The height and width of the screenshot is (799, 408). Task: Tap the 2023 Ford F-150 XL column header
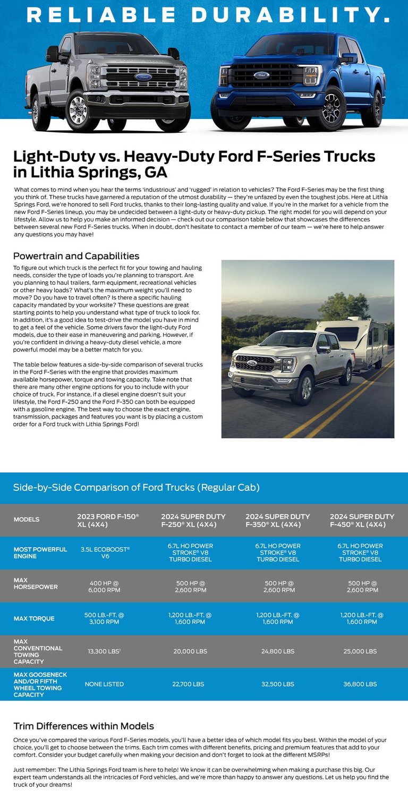click(108, 520)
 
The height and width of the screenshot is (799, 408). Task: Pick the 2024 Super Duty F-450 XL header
click(362, 520)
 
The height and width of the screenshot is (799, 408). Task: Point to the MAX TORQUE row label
click(34, 618)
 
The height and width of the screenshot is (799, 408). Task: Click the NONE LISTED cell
click(104, 684)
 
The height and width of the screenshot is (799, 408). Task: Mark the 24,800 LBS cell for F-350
click(277, 651)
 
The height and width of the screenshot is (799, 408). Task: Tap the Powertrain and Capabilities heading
click(76, 256)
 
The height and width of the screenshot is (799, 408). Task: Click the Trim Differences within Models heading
click(83, 726)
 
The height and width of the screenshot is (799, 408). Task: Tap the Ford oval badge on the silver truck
click(143, 76)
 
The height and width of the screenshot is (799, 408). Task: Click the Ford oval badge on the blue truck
click(261, 75)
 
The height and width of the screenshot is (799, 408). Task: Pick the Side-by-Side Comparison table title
click(136, 487)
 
